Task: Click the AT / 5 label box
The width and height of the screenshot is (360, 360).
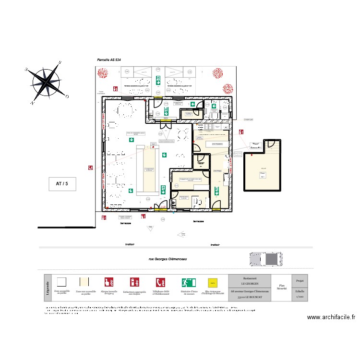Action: tap(62, 183)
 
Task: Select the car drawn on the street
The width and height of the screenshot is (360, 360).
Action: tap(265, 259)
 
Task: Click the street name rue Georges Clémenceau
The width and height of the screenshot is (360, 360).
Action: tap(168, 259)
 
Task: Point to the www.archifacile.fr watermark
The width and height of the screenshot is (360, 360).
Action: tap(331, 317)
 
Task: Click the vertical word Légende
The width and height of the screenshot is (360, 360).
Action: tap(47, 288)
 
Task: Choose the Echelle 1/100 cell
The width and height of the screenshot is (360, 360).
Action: tap(300, 294)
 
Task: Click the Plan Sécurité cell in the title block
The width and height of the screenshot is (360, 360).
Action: tap(282, 288)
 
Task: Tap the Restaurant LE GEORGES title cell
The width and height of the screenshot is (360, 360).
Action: tap(250, 281)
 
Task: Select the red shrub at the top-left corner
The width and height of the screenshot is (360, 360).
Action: tap(102, 73)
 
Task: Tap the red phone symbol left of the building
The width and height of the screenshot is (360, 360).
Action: tap(90, 168)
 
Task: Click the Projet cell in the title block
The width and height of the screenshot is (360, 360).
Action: tap(300, 280)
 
